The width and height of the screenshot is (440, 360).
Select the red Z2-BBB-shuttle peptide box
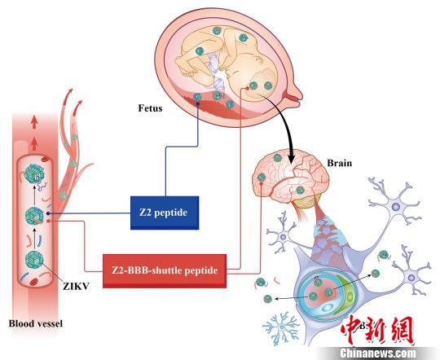(x=166, y=270)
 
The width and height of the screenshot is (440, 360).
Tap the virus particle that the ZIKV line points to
(x=37, y=261)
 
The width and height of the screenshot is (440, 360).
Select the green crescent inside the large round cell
(x=341, y=288)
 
